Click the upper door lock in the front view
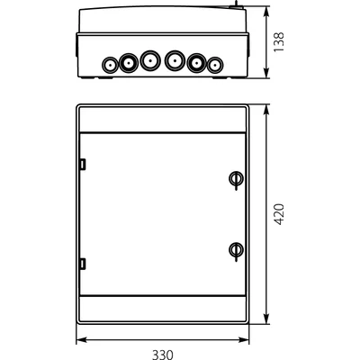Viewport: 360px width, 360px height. (x=235, y=178)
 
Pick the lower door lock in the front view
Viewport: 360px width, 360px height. (x=235, y=249)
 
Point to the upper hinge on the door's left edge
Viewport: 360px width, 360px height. (x=82, y=165)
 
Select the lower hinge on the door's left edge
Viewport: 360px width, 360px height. (x=82, y=263)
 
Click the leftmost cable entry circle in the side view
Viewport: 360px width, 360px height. (x=110, y=65)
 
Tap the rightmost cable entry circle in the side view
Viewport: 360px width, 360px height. (x=215, y=65)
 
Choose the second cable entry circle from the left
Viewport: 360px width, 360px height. (x=129, y=62)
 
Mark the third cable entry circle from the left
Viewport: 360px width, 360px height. (x=149, y=62)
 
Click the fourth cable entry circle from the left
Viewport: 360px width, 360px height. (x=175, y=62)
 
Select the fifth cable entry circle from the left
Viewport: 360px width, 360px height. (x=196, y=62)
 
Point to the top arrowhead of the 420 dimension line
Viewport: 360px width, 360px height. (x=266, y=110)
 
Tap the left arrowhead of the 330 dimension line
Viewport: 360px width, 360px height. (x=78, y=340)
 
